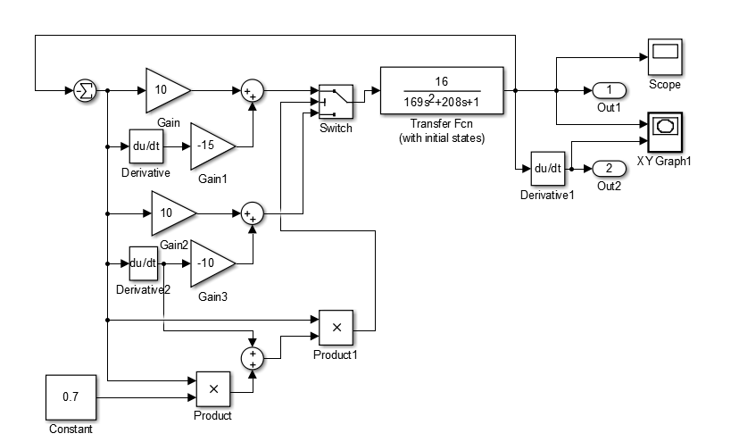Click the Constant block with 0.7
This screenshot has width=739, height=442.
tap(71, 397)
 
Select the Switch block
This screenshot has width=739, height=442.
tap(336, 102)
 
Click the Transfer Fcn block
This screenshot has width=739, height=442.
tap(442, 90)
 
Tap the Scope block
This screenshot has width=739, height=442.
tap(665, 57)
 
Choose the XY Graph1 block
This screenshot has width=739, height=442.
tap(665, 132)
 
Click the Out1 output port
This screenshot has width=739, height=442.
tap(609, 90)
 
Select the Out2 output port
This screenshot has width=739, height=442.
tap(609, 169)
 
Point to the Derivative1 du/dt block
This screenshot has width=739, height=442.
tap(548, 169)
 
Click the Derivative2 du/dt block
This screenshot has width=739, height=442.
tap(144, 263)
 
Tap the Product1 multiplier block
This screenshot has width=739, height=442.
tap(336, 328)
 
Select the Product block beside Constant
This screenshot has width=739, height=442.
tap(213, 389)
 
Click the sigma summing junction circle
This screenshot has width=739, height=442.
tap(86, 90)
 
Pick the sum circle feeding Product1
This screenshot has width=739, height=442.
tap(253, 359)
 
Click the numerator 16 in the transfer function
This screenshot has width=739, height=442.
tap(442, 81)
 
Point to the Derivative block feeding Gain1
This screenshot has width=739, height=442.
tap(146, 146)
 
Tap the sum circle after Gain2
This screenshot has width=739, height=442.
tap(253, 213)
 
